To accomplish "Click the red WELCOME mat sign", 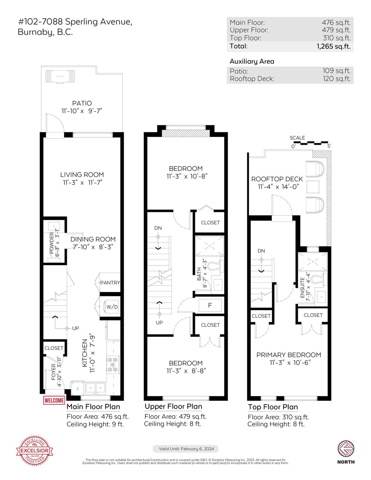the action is tap(54, 400).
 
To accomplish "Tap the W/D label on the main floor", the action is tap(112, 307).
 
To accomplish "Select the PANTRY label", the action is tap(110, 282).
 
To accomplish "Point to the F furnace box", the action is tap(210, 305).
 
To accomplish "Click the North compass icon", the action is tap(346, 449).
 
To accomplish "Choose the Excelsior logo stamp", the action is tap(35, 451).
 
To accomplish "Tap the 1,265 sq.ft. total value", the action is tap(333, 46).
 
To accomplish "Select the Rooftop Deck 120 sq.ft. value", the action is tap(336, 79).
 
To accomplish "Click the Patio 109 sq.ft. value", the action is tap(336, 70).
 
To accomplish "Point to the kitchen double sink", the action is tap(95, 388).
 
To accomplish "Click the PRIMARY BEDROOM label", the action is tap(289, 355).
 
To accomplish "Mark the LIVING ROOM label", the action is tap(82, 174).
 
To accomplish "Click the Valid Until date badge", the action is tap(185, 448).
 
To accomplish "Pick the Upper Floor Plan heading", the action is tap(173, 406).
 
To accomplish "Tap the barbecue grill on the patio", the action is tap(60, 76).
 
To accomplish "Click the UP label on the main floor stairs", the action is tap(75, 328).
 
